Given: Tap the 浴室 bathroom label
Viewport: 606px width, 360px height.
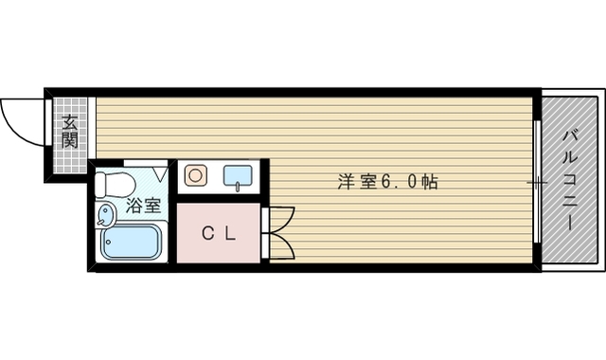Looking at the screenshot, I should (x=144, y=205).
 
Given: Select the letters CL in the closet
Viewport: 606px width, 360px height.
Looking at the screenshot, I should (x=219, y=233).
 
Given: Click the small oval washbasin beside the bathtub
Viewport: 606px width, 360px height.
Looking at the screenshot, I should (x=103, y=217).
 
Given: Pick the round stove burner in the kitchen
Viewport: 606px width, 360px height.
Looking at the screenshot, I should (x=196, y=175).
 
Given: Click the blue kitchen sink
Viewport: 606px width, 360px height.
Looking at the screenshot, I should (x=237, y=175).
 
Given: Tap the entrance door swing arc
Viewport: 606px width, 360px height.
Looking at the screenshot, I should (x=21, y=119).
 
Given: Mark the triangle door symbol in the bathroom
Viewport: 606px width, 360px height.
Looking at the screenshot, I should (x=162, y=174).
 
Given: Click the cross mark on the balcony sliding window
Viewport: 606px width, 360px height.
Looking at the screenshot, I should (x=537, y=180).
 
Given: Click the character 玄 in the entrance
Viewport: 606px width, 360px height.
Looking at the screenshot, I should (x=69, y=122).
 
